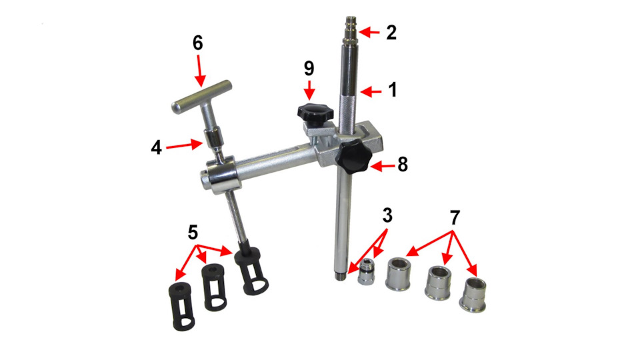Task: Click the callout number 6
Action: (198, 43)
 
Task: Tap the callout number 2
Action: (391, 33)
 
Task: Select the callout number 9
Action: (309, 69)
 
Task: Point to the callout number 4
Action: (156, 148)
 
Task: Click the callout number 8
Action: (403, 165)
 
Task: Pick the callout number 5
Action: (193, 233)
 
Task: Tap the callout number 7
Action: (455, 218)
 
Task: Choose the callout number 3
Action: (387, 215)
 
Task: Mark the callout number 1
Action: (392, 90)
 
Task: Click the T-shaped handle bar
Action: (201, 97)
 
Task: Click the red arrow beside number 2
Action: (369, 32)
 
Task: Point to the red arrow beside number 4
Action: (184, 145)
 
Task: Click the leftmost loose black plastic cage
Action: (181, 306)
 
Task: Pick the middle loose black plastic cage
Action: (214, 287)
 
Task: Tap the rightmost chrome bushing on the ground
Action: (473, 295)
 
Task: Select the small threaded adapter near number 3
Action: (366, 271)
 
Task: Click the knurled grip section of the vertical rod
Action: (349, 113)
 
